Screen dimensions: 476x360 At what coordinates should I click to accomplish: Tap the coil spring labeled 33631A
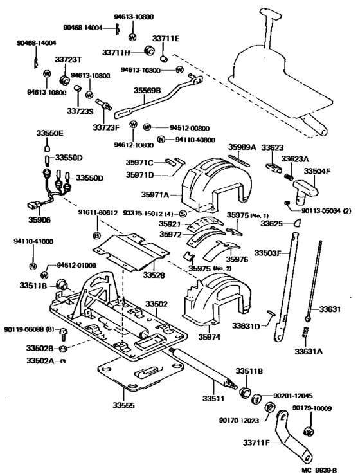point(306,334)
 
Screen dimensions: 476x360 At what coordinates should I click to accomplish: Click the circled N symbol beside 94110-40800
point(161,139)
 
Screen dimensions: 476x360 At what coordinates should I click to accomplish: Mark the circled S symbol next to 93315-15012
point(183,213)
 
